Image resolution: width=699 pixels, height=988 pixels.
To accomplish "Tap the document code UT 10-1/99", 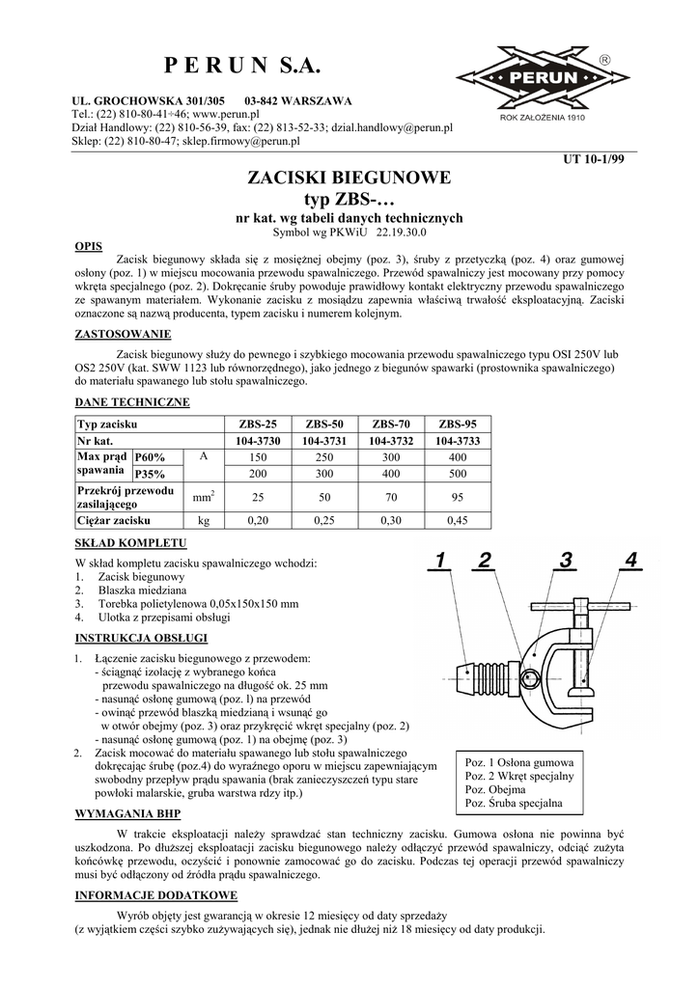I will tap(594, 159).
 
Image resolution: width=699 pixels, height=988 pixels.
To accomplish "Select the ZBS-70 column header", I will tap(391, 425).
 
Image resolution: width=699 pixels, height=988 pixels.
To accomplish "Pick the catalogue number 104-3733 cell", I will tap(458, 440).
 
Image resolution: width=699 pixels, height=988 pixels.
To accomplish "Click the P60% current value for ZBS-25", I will tap(258, 456).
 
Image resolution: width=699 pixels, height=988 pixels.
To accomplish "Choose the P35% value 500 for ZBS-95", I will tap(458, 474).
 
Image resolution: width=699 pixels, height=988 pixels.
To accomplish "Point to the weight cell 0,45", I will tap(458, 520).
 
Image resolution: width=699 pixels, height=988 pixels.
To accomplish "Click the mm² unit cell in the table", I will tap(203, 498).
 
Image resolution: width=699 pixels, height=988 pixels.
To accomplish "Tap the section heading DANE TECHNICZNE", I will tap(132, 401).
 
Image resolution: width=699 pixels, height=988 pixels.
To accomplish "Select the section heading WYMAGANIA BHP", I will tap(127, 813).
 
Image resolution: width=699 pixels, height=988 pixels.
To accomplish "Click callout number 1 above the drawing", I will tap(440, 561).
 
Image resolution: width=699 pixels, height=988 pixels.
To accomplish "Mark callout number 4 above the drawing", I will tap(630, 561).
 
